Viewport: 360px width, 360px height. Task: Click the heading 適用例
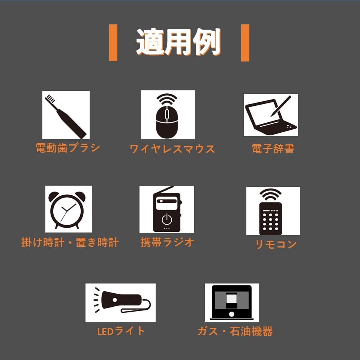coord(178,42)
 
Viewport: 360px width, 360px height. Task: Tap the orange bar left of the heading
coord(113,43)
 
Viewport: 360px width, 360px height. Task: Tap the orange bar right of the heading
coord(245,43)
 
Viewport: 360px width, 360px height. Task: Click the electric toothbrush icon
coord(66,115)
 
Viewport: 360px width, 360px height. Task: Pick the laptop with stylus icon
coord(271,115)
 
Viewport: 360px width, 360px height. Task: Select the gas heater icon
coord(232,303)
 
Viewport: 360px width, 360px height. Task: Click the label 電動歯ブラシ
coord(68,148)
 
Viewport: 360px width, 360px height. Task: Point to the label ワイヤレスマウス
coord(172,149)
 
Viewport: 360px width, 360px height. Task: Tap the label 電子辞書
coord(273,148)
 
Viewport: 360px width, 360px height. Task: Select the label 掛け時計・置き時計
coord(70,243)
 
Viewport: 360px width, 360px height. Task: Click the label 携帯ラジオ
coord(167,242)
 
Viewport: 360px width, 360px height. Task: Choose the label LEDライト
coord(121,331)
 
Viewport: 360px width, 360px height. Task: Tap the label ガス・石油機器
coord(235,331)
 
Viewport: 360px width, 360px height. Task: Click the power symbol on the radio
coord(166,219)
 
